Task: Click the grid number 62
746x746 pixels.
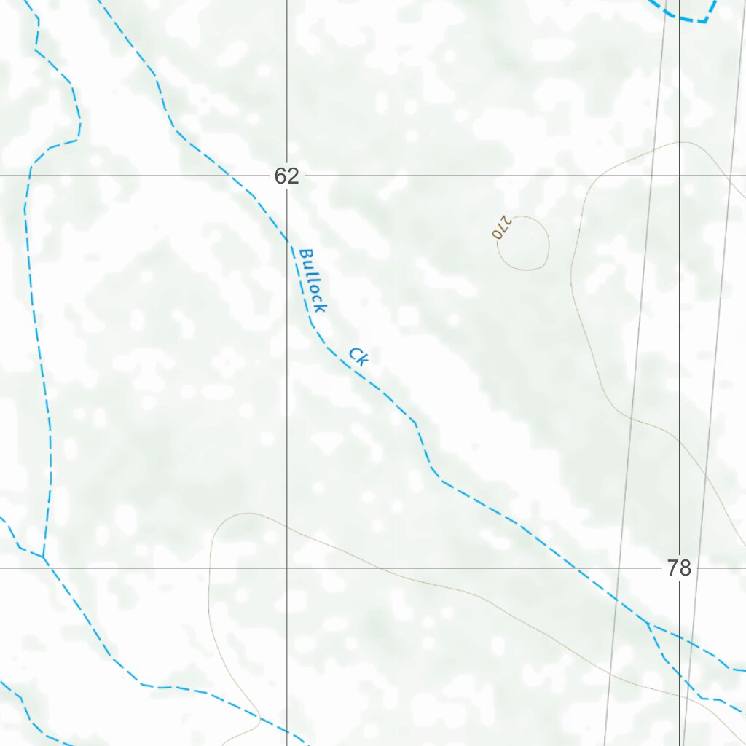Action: tap(287, 176)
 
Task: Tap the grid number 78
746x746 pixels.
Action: tap(678, 568)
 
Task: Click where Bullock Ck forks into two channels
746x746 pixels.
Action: tap(648, 624)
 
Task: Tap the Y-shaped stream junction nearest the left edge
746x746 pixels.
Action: tap(43, 557)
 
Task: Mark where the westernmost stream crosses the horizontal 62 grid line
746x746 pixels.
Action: tap(29, 176)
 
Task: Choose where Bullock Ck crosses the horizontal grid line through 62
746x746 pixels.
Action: tap(230, 176)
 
